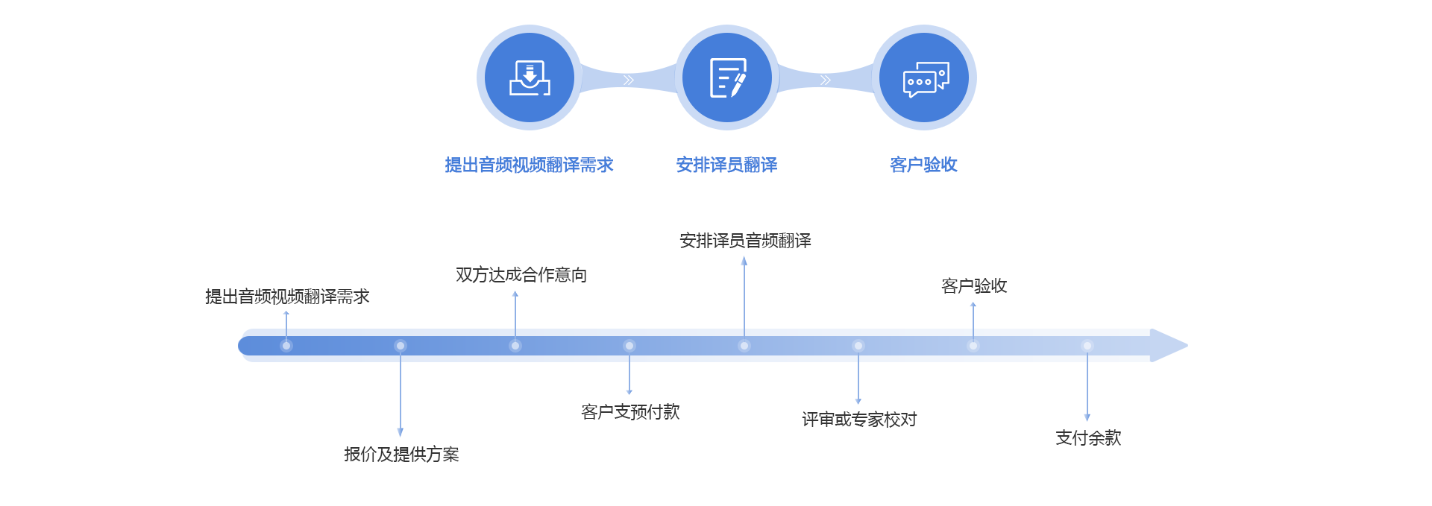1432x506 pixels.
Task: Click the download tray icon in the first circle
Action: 530,78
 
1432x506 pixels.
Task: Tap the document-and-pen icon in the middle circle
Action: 727,78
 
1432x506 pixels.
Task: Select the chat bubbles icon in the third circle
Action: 925,79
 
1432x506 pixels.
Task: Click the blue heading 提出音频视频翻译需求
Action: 529,165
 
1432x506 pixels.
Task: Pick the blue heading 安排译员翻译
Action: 726,165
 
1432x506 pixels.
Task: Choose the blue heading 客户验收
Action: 923,165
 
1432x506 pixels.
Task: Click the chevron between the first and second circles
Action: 628,80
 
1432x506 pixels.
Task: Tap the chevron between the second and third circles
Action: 825,80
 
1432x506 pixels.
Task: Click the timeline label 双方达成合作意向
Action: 521,275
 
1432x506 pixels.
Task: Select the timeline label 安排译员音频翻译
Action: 745,241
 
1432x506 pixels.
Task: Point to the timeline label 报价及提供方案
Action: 401,455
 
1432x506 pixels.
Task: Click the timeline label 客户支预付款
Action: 630,412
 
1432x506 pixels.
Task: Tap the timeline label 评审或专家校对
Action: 859,420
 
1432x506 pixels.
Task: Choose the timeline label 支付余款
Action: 1088,438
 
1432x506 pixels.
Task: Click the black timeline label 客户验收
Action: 974,286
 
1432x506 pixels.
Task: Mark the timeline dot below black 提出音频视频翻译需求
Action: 286,346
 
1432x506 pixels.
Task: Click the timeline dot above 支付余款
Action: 1087,346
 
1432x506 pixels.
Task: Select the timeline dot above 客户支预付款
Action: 629,346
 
